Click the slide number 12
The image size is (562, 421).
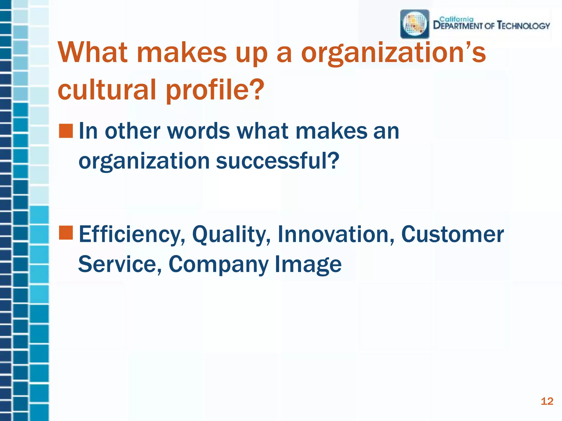click(547, 402)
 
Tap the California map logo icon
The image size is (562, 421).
click(415, 24)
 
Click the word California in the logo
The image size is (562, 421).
click(456, 19)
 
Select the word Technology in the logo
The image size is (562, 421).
click(523, 26)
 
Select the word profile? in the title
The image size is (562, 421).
click(215, 90)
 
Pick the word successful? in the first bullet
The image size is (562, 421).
click(278, 161)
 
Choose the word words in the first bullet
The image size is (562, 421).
click(198, 131)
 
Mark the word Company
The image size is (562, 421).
click(218, 264)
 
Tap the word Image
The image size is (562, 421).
click(308, 264)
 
